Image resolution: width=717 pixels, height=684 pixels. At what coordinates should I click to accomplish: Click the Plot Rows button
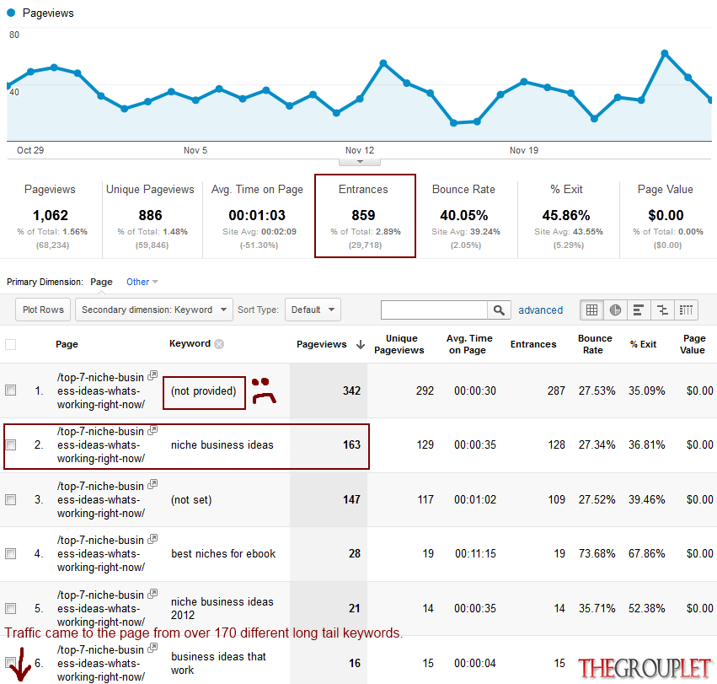click(x=43, y=310)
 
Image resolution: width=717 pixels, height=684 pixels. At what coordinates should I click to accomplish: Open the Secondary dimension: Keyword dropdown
click(x=154, y=310)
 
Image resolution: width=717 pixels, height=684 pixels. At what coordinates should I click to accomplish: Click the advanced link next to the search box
click(x=541, y=310)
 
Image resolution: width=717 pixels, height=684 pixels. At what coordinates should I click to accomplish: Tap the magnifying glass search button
click(x=499, y=310)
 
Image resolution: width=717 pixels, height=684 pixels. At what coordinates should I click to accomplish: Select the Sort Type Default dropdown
click(x=313, y=310)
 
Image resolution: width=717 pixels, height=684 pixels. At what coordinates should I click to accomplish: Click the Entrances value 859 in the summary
click(x=363, y=215)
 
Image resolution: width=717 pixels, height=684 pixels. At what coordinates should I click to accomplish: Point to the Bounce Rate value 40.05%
click(x=464, y=215)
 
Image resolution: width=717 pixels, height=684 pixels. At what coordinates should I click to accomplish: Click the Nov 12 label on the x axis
click(x=360, y=150)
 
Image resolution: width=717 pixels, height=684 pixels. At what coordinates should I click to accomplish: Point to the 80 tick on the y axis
click(x=14, y=35)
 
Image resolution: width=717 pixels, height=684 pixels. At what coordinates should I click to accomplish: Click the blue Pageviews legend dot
click(x=11, y=13)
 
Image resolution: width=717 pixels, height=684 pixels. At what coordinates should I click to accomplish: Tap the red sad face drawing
click(x=264, y=390)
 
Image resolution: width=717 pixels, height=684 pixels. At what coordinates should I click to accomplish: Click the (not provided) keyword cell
click(x=204, y=391)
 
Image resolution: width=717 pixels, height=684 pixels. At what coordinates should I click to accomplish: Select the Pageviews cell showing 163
click(x=351, y=445)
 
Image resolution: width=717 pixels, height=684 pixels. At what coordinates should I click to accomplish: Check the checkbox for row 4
click(x=10, y=553)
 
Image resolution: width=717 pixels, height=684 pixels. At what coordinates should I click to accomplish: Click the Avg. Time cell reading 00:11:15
click(x=475, y=554)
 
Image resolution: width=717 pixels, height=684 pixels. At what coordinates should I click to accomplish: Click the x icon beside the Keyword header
click(x=220, y=344)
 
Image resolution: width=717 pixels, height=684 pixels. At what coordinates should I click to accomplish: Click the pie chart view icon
click(x=615, y=310)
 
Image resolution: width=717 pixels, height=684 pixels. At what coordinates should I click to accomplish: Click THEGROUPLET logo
click(x=645, y=669)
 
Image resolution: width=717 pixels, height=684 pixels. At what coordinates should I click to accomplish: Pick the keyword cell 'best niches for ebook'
click(x=223, y=554)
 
